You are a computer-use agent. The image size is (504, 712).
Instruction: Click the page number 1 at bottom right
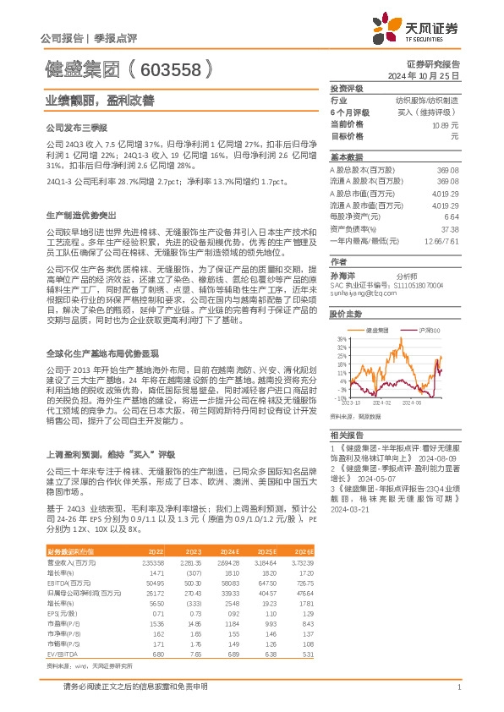[x=457, y=687]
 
